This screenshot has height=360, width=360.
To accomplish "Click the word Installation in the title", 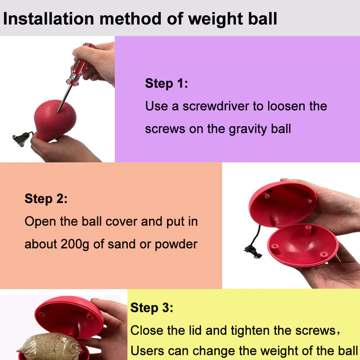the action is coord(49,18).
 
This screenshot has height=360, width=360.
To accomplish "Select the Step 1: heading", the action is coord(166,83).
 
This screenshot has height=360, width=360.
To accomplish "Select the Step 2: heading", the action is coord(46,198).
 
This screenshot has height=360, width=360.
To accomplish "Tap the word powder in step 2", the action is coord(176,244).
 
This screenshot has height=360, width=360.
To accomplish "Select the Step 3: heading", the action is coord(152,308).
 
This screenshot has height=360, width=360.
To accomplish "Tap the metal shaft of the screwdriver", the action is coord(64,99).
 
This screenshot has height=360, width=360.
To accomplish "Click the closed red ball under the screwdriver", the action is coord(55,120).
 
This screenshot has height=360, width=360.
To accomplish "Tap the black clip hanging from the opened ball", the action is coord(253,252).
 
